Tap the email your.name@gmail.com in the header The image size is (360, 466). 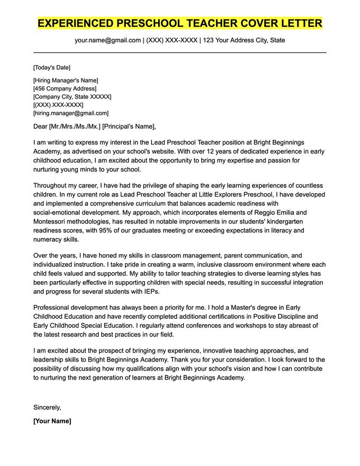coord(107,40)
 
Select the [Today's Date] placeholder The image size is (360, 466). coord(51,68)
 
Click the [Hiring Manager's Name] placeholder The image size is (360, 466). coord(66,80)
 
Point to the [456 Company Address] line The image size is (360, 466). coord(65,88)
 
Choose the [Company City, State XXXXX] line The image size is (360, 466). coord(72,97)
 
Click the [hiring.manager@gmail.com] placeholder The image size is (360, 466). coord(70,113)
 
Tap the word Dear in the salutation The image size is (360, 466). coord(40,127)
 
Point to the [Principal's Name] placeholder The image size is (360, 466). coord(129,127)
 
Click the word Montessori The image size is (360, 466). coord(52,221)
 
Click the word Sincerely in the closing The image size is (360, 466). coord(47,407)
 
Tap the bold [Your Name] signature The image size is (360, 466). coord(52,421)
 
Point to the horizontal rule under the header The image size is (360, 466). coord(180,52)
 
